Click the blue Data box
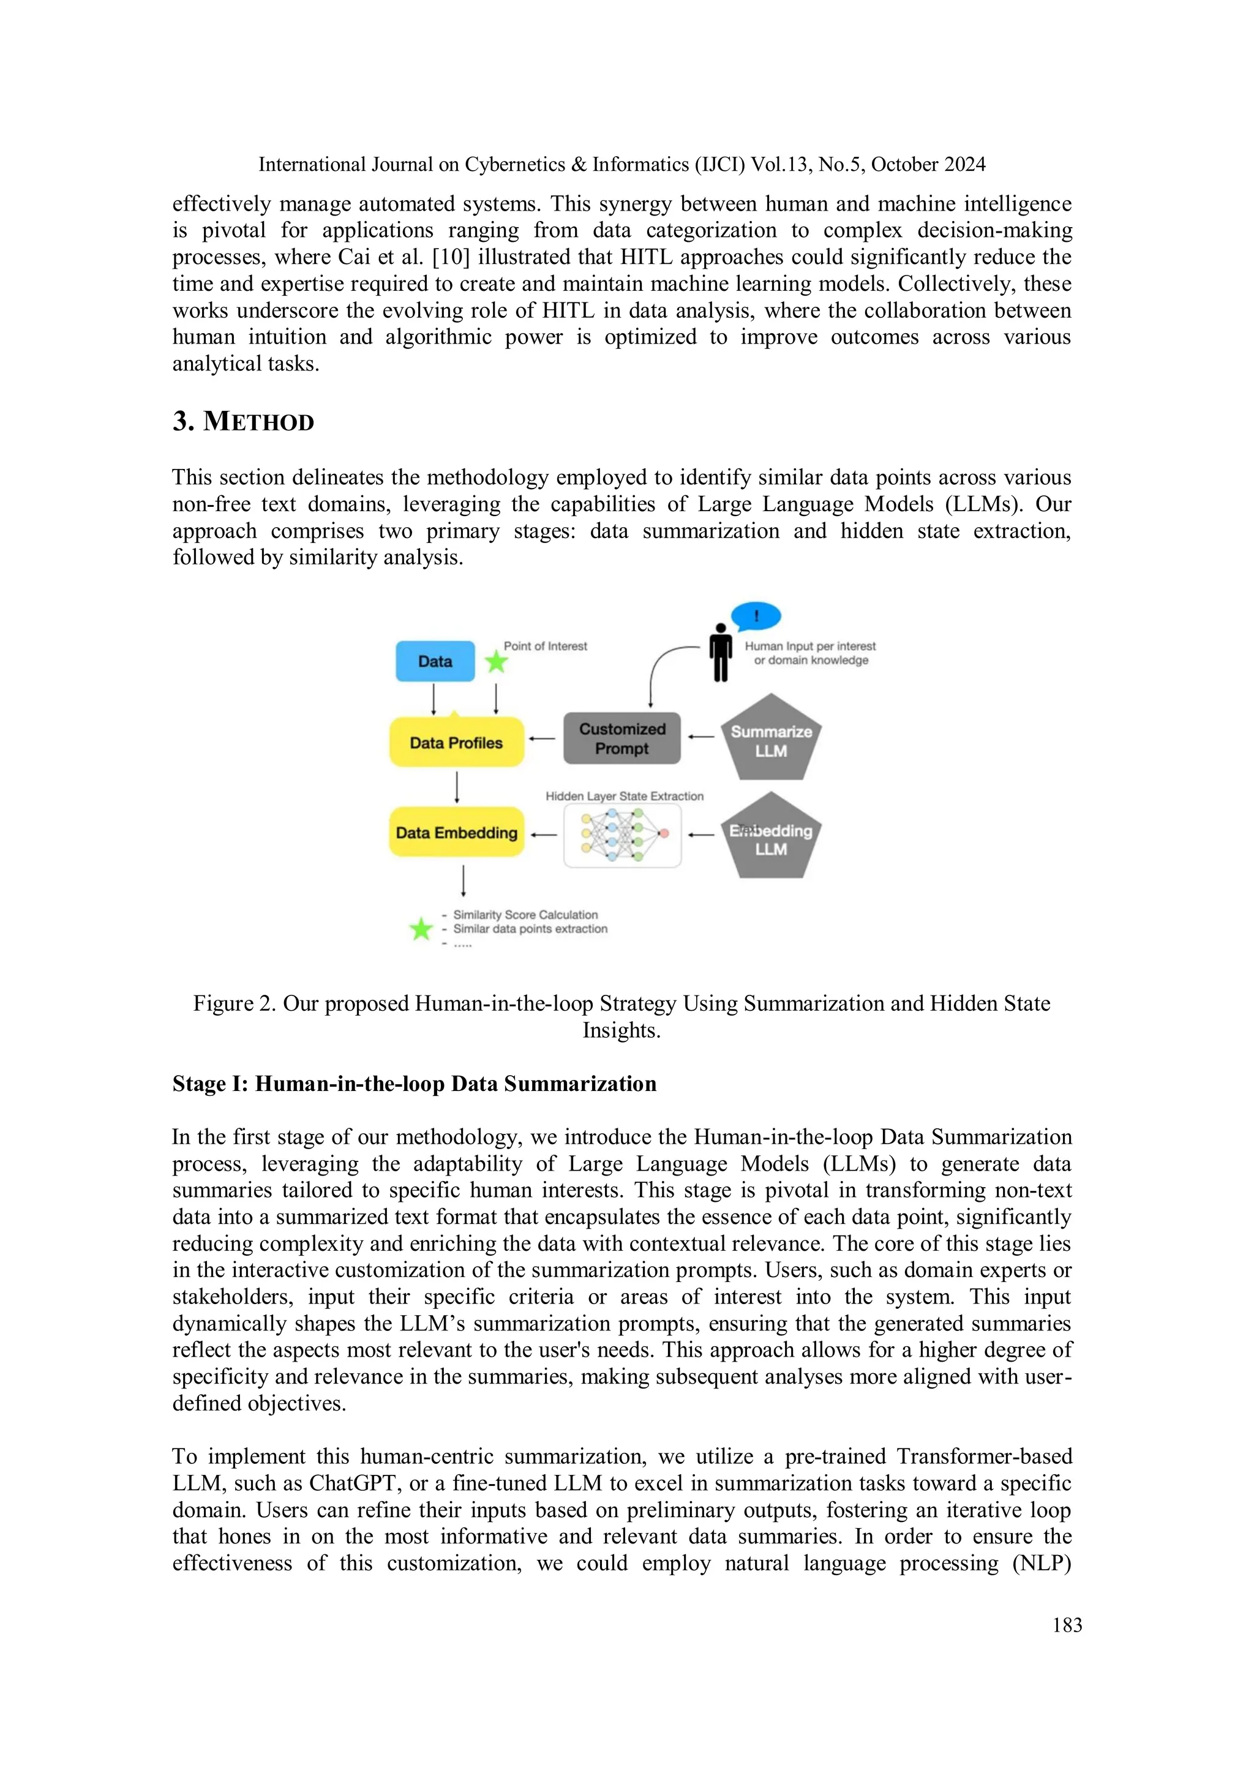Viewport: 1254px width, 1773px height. (435, 661)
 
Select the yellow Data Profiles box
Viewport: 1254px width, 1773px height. (456, 742)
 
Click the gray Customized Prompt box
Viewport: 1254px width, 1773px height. (621, 738)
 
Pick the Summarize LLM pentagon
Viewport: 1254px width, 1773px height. (771, 740)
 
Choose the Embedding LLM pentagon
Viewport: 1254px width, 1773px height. (771, 839)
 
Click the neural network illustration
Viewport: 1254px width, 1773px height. (622, 834)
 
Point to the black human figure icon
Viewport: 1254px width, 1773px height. (721, 653)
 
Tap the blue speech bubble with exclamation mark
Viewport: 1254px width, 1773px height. (756, 617)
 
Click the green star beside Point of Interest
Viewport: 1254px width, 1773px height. (496, 662)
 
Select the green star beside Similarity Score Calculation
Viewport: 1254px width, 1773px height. (421, 928)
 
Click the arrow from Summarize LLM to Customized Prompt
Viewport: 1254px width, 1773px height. (700, 737)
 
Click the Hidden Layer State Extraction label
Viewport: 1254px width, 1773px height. (624, 796)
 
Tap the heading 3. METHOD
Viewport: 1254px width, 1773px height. (243, 422)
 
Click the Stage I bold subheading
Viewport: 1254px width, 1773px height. (414, 1084)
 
